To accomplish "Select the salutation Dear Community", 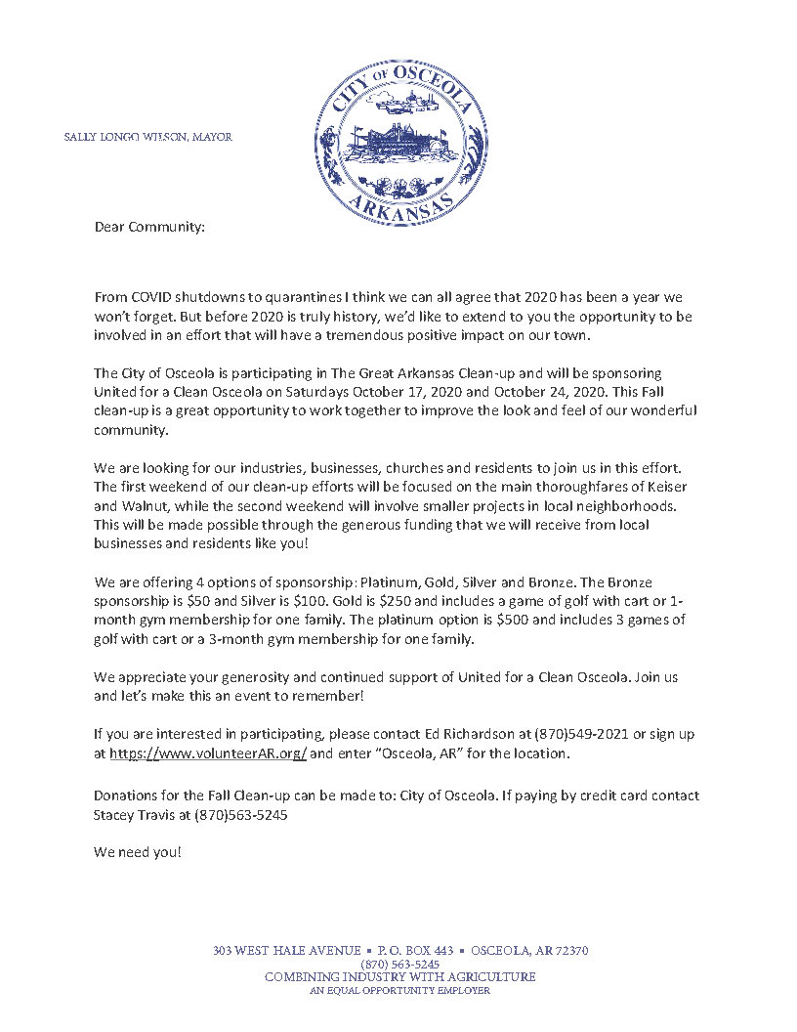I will click(x=149, y=227).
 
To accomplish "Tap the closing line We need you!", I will click(x=138, y=852).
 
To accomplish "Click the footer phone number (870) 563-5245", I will click(x=399, y=964).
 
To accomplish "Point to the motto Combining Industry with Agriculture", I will click(x=399, y=976).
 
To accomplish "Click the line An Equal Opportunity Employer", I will click(x=399, y=990).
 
